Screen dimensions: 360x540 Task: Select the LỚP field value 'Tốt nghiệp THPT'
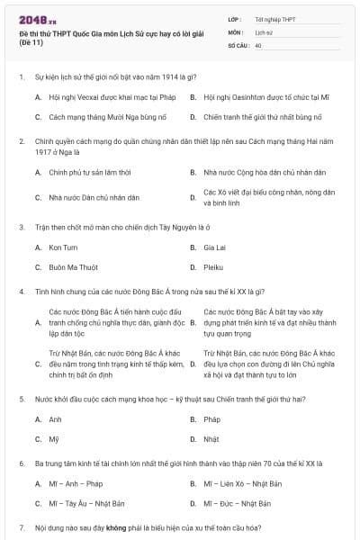pyautogui.click(x=275, y=19)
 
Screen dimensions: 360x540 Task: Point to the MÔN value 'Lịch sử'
pyautogui.click(x=264, y=31)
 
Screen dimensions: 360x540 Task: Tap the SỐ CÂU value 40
pyautogui.click(x=258, y=43)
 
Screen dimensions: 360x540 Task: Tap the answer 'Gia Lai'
pyautogui.click(x=214, y=247)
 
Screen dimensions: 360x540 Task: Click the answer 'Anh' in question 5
pyautogui.click(x=56, y=419)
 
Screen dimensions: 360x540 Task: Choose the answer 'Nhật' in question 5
pyautogui.click(x=211, y=439)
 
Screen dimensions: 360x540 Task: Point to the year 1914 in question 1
pyautogui.click(x=179, y=77)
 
